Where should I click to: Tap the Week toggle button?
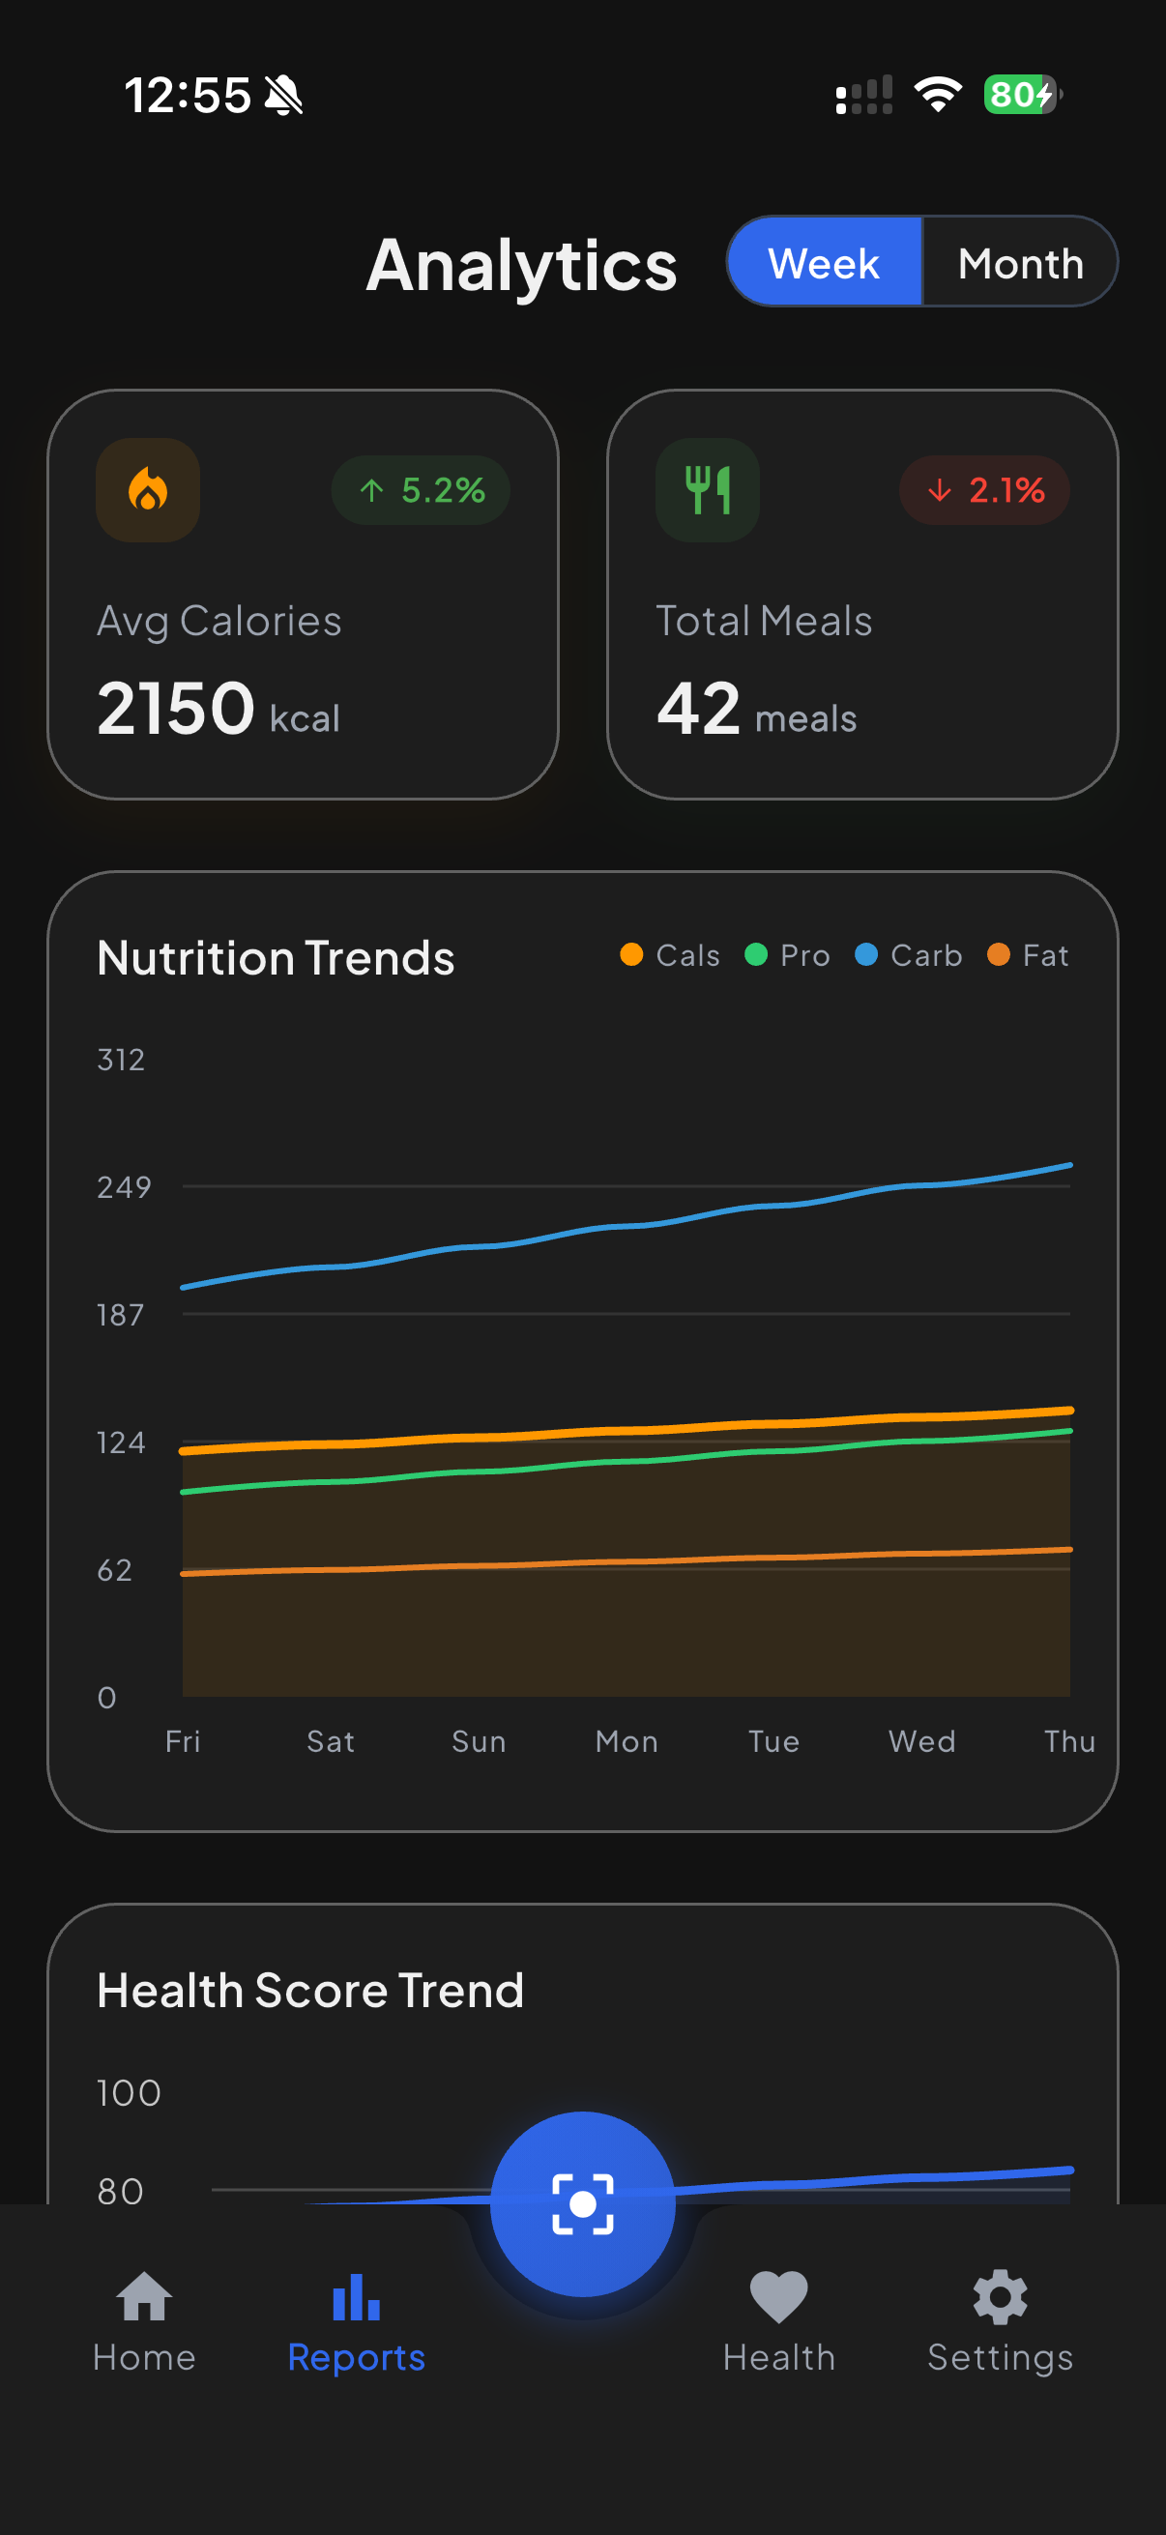825,263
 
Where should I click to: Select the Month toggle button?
1019,263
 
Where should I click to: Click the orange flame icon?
148,489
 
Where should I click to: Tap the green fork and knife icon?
708,489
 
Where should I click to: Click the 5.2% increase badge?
422,489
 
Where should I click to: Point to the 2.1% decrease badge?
985,489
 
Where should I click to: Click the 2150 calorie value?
176,709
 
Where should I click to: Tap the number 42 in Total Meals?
699,709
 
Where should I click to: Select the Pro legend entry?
787,954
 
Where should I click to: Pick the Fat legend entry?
1028,954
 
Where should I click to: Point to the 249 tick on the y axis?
123,1187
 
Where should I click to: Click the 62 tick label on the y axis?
115,1569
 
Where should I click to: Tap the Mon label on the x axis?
626,1741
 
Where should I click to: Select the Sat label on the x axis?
331,1741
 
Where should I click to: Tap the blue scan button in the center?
582,2203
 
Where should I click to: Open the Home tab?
145,2320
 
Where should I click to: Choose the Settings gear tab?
1000,2320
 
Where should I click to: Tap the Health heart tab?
778,2320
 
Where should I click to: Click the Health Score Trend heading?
310,1990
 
